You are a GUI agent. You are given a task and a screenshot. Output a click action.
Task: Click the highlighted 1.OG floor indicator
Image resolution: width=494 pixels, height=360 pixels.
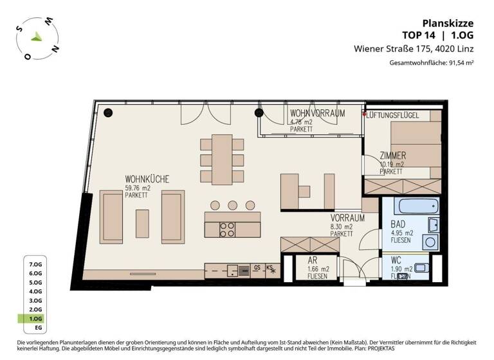coord(35,318)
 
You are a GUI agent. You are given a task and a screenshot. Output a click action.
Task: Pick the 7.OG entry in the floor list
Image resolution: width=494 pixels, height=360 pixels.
coord(35,264)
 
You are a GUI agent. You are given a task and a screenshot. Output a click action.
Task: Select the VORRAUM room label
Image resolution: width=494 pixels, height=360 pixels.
coord(348,218)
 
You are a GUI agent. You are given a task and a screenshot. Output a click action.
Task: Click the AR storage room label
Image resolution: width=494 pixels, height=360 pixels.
coord(313,261)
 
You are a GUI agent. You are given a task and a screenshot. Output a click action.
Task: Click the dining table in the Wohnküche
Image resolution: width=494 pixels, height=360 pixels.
coord(223,158)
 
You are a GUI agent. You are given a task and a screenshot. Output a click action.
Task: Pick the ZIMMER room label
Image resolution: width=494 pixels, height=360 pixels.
coord(392,156)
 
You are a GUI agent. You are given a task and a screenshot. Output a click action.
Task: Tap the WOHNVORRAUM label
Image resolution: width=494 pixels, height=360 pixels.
coord(317,113)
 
